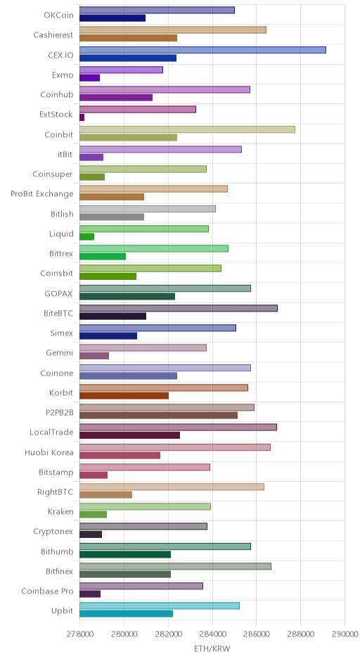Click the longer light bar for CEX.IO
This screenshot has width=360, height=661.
pos(202,50)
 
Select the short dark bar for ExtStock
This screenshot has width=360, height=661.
pos(82,117)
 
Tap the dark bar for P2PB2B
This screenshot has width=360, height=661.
pos(158,416)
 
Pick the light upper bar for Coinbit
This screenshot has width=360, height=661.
pos(187,129)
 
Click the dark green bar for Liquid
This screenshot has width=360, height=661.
pos(87,237)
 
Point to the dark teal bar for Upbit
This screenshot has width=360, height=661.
pos(126,614)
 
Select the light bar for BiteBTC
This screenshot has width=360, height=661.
pos(179,308)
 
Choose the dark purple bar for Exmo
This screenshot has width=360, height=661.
pos(90,78)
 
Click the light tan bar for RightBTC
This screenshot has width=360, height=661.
pos(172,487)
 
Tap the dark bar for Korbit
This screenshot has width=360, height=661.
pos(124,396)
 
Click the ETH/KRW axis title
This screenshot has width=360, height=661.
pos(212,648)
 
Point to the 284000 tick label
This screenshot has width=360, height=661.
pos(212,634)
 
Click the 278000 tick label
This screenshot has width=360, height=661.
pos(79,634)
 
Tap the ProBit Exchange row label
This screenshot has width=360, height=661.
pos(42,194)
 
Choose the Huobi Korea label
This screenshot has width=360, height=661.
pos(49,452)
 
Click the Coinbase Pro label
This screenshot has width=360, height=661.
pos(47,591)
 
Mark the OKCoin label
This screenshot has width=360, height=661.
pos(58,15)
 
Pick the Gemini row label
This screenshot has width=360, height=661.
pos(60,353)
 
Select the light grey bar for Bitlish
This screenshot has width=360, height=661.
pos(148,209)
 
